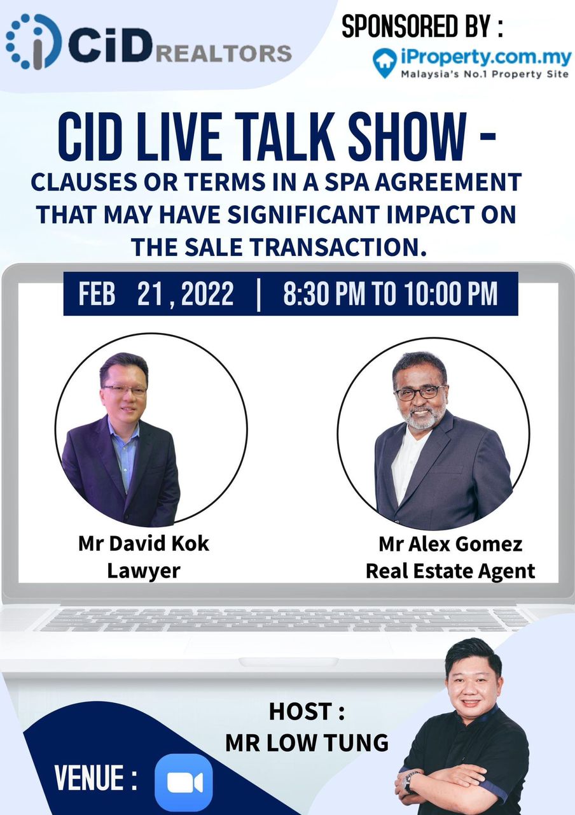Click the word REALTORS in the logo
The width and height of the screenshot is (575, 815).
click(225, 53)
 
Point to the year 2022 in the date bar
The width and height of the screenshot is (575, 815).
click(207, 294)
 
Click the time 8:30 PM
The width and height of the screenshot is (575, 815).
click(324, 294)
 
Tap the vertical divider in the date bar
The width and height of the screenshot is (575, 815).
click(258, 294)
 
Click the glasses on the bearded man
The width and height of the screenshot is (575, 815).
click(420, 392)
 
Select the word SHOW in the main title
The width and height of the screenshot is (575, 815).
click(406, 137)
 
